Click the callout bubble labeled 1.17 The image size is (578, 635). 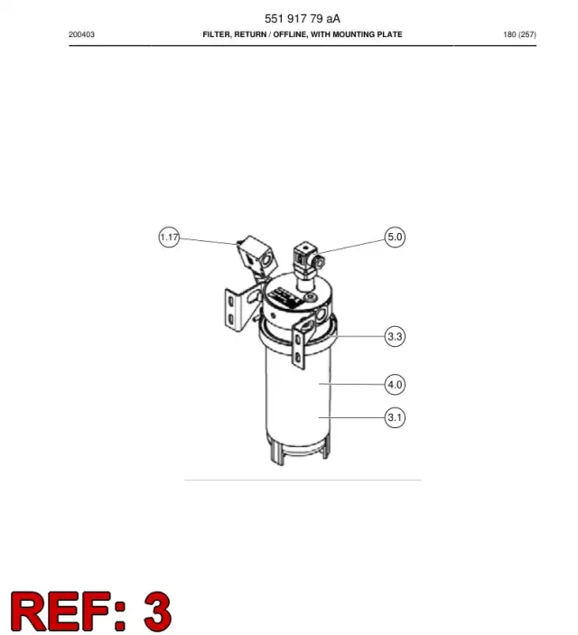pyautogui.click(x=169, y=237)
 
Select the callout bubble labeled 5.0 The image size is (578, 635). pyautogui.click(x=395, y=237)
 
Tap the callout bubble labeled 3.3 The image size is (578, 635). pyautogui.click(x=395, y=336)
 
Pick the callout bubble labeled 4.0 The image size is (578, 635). pyautogui.click(x=395, y=384)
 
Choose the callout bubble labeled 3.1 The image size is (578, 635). pyautogui.click(x=395, y=417)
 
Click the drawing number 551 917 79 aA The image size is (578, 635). pyautogui.click(x=303, y=19)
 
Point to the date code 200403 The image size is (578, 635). pyautogui.click(x=81, y=35)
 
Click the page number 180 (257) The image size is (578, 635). pyautogui.click(x=519, y=35)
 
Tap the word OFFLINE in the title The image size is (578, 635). pyautogui.click(x=290, y=35)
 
